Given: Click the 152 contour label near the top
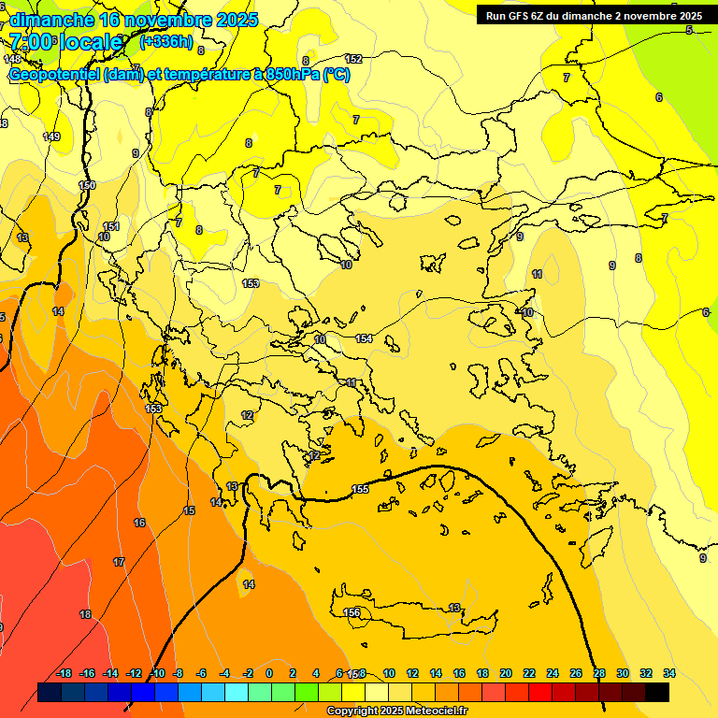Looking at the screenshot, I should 353,59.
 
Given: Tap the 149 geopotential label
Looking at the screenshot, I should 52,136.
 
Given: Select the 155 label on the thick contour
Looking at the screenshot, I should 360,489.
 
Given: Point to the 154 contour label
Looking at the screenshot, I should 364,338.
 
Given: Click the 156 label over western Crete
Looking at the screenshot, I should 352,612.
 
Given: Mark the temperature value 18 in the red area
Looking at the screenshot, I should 85,614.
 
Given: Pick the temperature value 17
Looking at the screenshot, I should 119,562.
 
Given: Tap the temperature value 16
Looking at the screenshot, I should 139,523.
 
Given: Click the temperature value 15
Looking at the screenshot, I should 189,510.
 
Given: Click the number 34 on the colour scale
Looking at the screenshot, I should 668,673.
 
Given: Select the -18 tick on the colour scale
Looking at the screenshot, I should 64,673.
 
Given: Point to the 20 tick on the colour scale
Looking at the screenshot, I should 505,673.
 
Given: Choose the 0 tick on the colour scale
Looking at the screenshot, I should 269,673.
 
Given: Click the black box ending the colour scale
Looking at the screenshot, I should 656,692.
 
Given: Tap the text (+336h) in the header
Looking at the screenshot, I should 166,41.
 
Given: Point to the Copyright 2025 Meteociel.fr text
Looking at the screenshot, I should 396,711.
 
